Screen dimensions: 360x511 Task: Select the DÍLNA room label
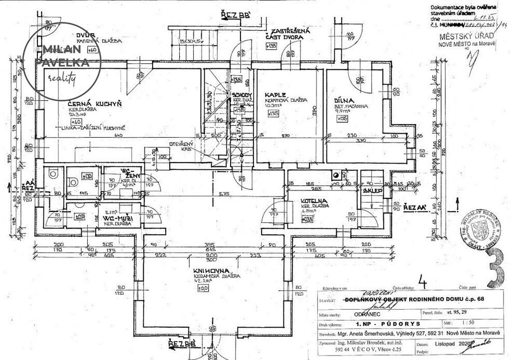(344, 100)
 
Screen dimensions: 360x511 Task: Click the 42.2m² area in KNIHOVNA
(204, 281)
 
